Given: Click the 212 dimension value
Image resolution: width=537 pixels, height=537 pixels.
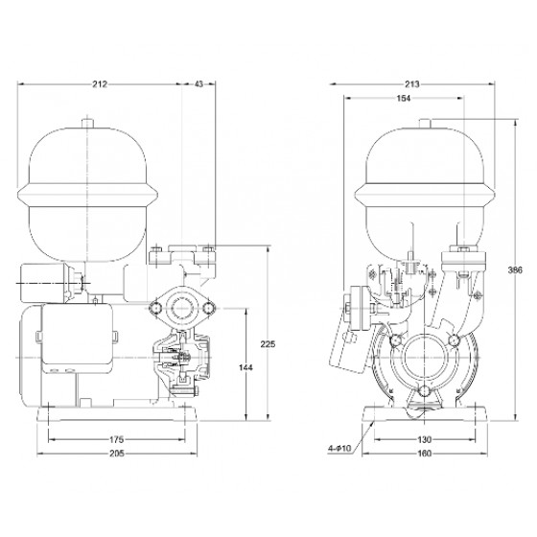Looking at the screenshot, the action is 100,84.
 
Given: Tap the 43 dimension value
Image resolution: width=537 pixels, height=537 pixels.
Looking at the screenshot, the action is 198,84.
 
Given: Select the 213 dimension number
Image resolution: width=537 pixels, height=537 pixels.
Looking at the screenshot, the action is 412,84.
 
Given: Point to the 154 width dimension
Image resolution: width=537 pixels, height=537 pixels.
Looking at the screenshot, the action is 404,98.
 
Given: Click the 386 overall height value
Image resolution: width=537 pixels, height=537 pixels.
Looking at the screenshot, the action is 515,269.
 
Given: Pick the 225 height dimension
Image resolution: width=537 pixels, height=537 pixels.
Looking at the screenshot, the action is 268,344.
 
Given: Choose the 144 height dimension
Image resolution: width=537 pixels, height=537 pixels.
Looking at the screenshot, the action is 245,367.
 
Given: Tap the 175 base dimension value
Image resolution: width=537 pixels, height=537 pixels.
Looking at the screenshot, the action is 116,439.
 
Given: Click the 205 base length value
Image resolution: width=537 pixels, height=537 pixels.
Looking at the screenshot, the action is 117,454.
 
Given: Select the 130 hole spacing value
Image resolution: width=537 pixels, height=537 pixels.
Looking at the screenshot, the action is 425,439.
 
